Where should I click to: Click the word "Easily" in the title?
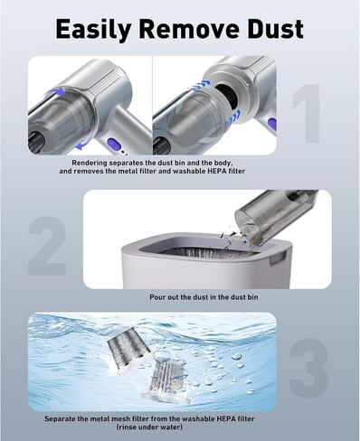click(93, 30)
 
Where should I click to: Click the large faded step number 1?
click(307, 113)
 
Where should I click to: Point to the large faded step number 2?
click(47, 246)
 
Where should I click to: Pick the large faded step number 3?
click(308, 367)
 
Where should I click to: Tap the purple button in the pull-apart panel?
click(271, 125)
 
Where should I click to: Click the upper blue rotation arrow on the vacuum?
click(55, 91)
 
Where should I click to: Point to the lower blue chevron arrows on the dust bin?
click(232, 119)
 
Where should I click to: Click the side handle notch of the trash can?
click(278, 258)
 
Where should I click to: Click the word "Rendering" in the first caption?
click(90, 163)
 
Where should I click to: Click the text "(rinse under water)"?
click(149, 427)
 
